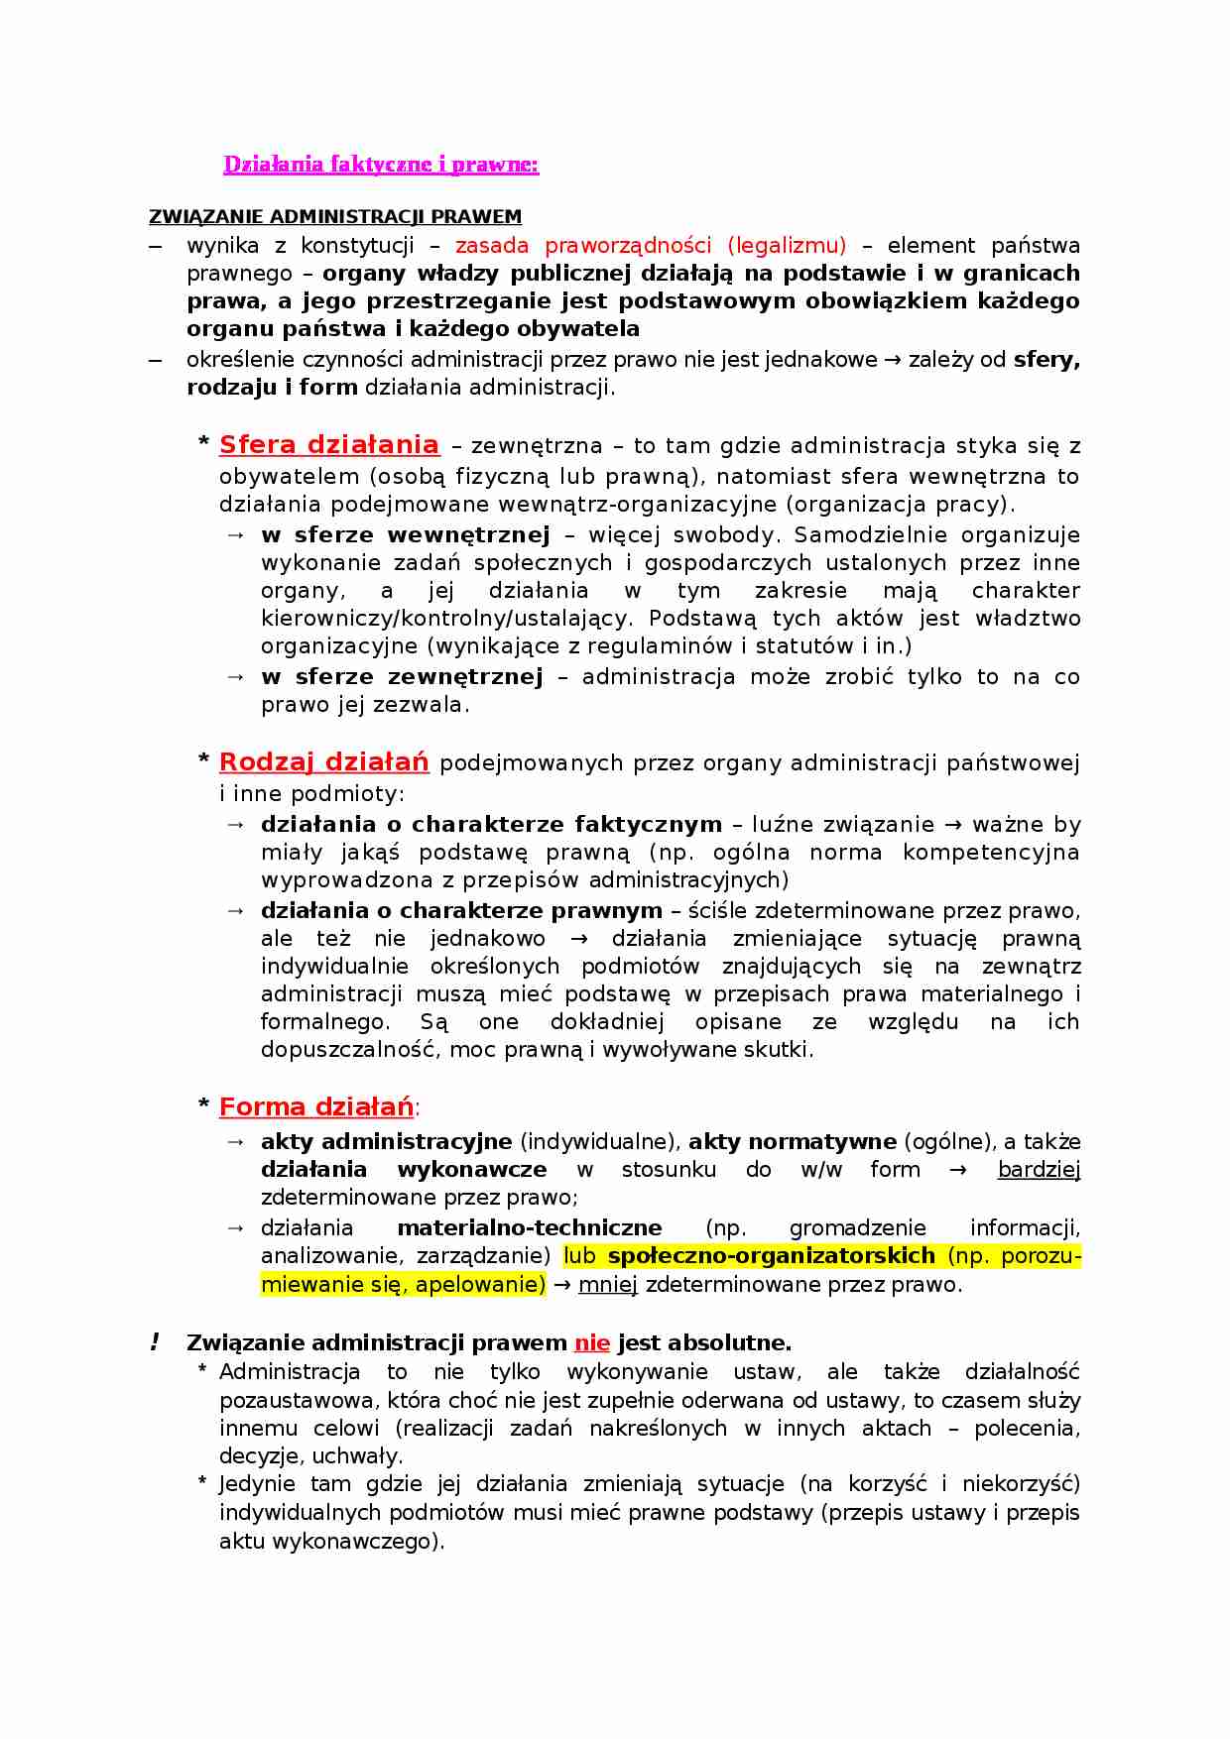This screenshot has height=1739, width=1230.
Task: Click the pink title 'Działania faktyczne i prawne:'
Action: point(381,165)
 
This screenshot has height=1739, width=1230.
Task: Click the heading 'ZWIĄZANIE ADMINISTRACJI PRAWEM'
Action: point(335,217)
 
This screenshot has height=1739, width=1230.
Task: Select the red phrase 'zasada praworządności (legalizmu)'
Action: point(651,246)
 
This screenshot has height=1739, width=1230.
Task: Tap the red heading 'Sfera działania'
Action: point(328,445)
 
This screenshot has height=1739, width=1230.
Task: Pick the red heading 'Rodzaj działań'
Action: point(323,762)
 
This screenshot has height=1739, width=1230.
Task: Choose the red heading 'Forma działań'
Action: point(315,1106)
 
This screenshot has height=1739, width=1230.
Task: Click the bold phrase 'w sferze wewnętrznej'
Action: point(405,535)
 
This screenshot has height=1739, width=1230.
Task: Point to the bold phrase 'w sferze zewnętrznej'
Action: point(402,677)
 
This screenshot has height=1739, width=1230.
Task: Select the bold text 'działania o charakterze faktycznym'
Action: point(491,825)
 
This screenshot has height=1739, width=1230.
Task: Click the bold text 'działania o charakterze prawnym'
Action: point(461,911)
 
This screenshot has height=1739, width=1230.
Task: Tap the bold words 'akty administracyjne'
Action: point(386,1142)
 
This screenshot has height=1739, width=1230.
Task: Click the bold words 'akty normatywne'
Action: point(793,1142)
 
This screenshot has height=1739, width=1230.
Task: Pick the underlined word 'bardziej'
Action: point(1039,1170)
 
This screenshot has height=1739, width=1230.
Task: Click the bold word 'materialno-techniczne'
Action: point(529,1228)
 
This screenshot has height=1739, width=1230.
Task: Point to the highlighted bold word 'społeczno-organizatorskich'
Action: point(771,1256)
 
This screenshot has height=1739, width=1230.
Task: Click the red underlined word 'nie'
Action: point(592,1343)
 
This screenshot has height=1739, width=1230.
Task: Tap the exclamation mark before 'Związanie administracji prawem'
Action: point(155,1343)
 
